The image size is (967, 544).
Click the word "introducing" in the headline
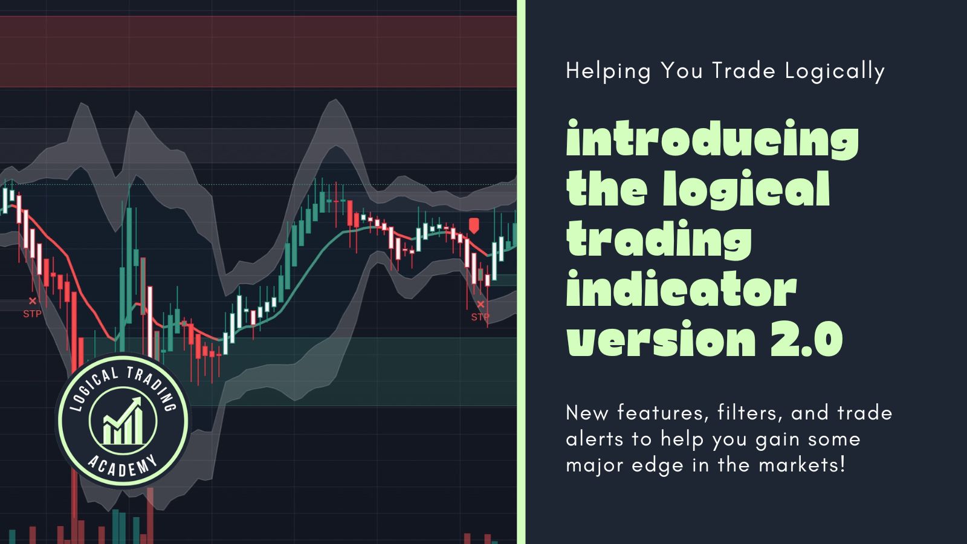pos(713,138)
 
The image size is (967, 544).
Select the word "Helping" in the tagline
pos(608,72)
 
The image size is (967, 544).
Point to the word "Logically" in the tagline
pos(835,72)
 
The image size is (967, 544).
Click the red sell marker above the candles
pos(474,225)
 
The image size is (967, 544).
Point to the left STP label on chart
pos(33,314)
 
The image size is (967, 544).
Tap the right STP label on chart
pos(480,317)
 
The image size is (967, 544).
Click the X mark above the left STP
pos(33,300)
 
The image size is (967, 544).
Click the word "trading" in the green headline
pos(659,240)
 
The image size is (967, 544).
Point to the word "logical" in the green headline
pos(746,190)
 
